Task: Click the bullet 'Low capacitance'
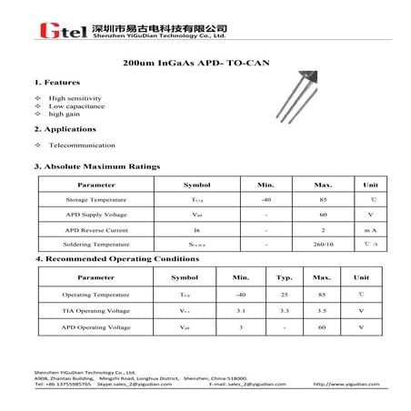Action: [76, 105]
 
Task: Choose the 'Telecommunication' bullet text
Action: [82, 145]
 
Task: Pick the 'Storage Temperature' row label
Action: [96, 199]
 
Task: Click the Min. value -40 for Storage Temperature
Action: [266, 199]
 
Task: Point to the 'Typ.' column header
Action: [284, 276]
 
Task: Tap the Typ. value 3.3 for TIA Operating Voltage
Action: [284, 310]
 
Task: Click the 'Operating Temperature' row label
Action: [95, 295]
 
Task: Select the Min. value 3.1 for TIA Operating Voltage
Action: [241, 310]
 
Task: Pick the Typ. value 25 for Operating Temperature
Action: [284, 295]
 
